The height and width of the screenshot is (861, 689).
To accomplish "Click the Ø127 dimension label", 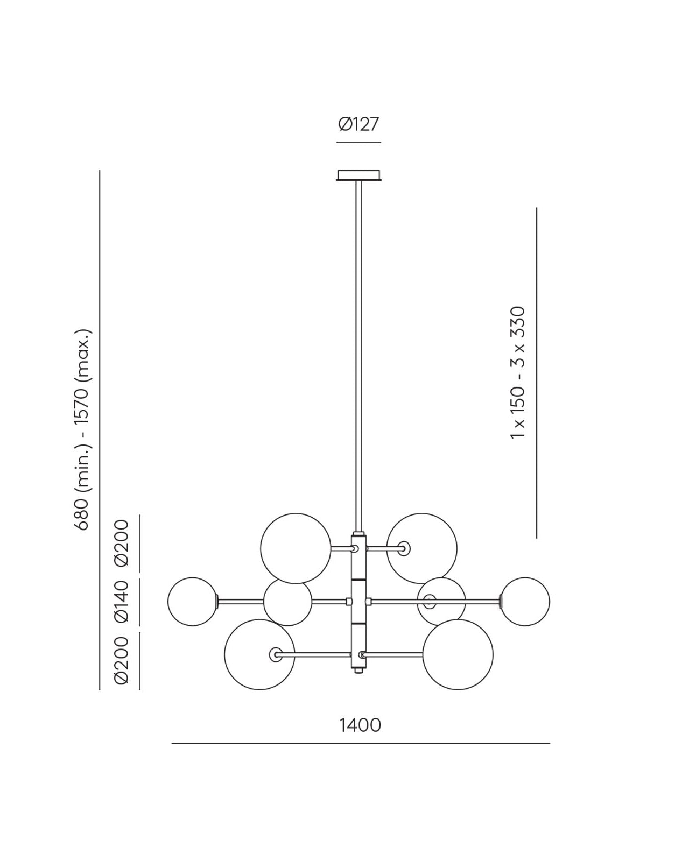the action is [x=358, y=124].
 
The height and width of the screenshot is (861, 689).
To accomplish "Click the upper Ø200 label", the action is [x=122, y=543].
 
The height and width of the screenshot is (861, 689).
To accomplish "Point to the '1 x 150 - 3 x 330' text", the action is [x=517, y=372].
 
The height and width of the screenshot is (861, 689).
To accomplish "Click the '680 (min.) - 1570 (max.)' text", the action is [x=82, y=430].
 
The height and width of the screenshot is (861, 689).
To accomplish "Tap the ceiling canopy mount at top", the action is [x=358, y=175].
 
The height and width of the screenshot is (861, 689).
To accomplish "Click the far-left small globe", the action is [x=192, y=601].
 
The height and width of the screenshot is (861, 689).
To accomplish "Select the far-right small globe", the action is [x=525, y=601].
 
